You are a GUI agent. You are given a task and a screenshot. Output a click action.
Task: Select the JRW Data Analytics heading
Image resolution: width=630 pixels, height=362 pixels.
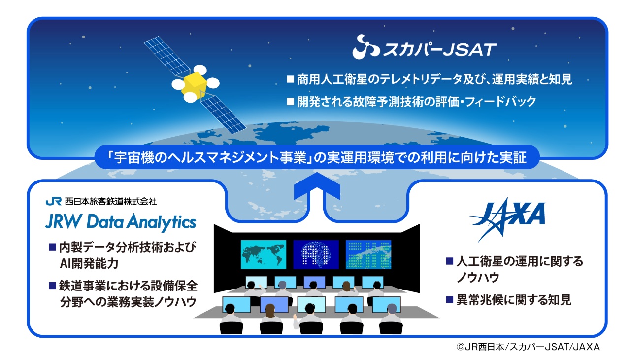(120, 222)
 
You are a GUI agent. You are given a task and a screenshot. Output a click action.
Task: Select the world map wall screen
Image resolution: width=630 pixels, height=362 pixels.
(263, 254)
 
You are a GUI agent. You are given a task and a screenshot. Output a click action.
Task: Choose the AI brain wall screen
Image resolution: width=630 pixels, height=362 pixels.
(316, 254)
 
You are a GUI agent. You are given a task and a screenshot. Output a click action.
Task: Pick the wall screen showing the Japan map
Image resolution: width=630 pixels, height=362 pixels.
(368, 254)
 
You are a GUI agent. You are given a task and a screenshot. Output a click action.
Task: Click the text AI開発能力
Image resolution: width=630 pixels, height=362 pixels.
(89, 263)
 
